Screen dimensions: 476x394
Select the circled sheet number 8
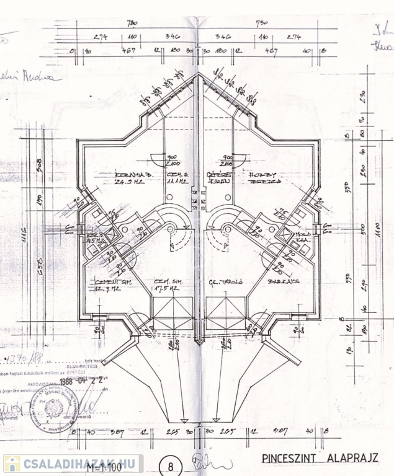pos(171,464)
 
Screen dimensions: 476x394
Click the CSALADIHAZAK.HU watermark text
pos(81,464)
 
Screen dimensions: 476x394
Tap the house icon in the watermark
pos(12,464)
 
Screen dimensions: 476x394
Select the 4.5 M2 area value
pos(94,242)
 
